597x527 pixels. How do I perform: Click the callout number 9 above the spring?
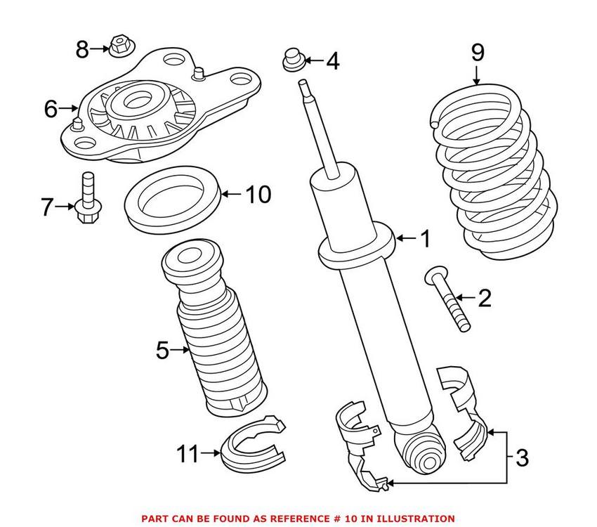coord(477,53)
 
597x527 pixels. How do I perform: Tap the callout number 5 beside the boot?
coord(162,350)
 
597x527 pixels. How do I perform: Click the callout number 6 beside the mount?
coord(51,109)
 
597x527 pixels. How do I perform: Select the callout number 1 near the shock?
coord(425,240)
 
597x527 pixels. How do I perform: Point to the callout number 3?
coord(521,458)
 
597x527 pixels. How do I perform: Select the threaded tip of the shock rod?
coord(305,88)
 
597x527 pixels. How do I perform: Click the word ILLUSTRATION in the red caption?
coord(414,518)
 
